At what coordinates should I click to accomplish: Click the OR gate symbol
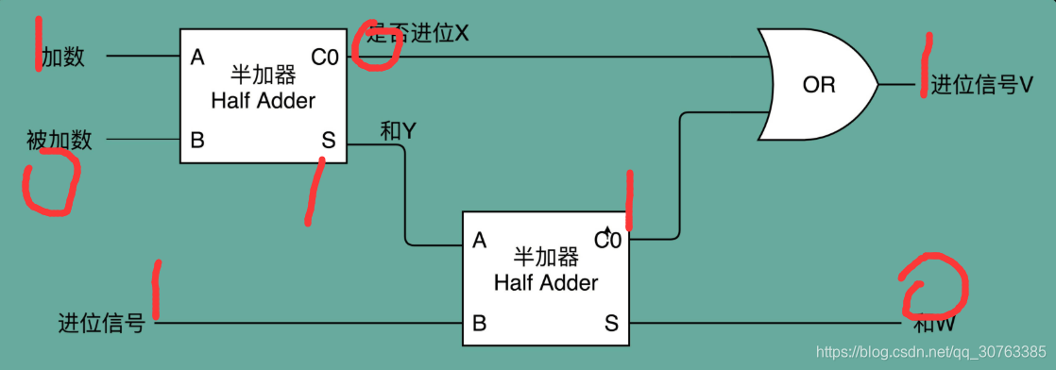tap(818, 84)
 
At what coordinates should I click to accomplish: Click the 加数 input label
tap(63, 57)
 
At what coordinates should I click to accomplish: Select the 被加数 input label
tap(60, 141)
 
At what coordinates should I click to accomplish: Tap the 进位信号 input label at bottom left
tap(101, 324)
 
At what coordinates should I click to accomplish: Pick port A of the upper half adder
tap(197, 58)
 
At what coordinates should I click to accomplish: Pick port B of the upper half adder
tap(197, 141)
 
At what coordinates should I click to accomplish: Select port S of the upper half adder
tap(328, 141)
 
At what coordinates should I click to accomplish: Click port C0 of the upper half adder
tap(324, 58)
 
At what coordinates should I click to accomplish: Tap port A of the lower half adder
tap(479, 241)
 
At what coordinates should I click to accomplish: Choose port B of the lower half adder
tap(479, 324)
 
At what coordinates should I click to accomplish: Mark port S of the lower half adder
tap(611, 324)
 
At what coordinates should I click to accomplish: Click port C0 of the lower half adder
tap(607, 240)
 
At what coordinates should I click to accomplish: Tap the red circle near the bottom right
tap(932, 285)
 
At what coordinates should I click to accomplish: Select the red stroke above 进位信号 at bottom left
tap(155, 290)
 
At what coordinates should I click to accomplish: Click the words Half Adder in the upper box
tap(264, 100)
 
